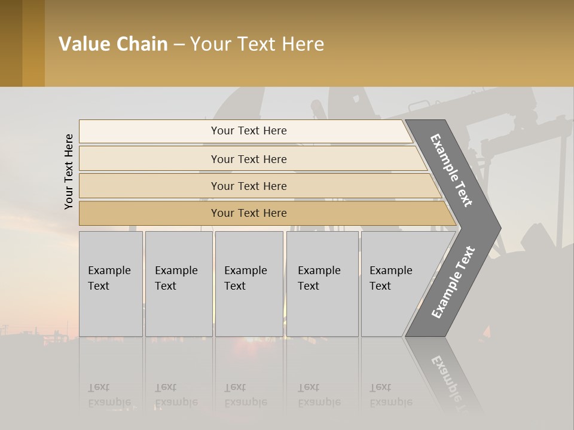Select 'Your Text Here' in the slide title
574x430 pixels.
pyautogui.click(x=257, y=44)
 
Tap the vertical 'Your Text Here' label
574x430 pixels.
pyautogui.click(x=69, y=171)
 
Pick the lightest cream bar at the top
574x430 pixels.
pyautogui.click(x=249, y=131)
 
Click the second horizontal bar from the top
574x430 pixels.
pyautogui.click(x=249, y=159)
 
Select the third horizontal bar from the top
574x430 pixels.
pyautogui.click(x=249, y=186)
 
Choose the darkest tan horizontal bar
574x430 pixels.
pyautogui.click(x=249, y=213)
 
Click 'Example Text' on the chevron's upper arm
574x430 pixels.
pyautogui.click(x=451, y=170)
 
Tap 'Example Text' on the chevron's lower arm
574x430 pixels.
pyautogui.click(x=453, y=282)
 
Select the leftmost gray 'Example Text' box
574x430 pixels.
pyautogui.click(x=111, y=284)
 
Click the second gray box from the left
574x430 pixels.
pyautogui.click(x=178, y=284)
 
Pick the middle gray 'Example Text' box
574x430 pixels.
pyautogui.click(x=249, y=284)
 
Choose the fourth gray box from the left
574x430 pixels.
pyautogui.click(x=322, y=284)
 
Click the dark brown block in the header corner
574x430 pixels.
pyautogui.click(x=11, y=44)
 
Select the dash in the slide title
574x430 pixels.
pyautogui.click(x=179, y=45)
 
